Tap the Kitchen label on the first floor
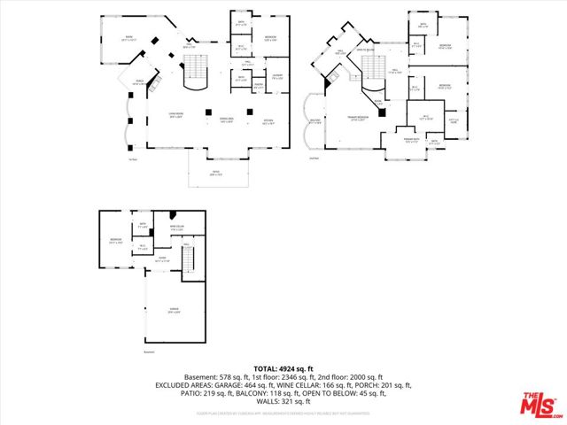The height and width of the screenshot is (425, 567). (x=268, y=123)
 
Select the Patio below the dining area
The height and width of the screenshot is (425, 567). (x=215, y=174)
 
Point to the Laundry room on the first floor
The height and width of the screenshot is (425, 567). (x=277, y=77)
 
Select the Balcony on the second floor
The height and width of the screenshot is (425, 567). (x=315, y=122)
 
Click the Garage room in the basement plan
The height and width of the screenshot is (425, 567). (x=175, y=310)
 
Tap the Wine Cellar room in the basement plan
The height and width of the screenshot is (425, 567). (x=176, y=229)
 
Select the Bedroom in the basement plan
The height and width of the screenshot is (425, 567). (x=115, y=240)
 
